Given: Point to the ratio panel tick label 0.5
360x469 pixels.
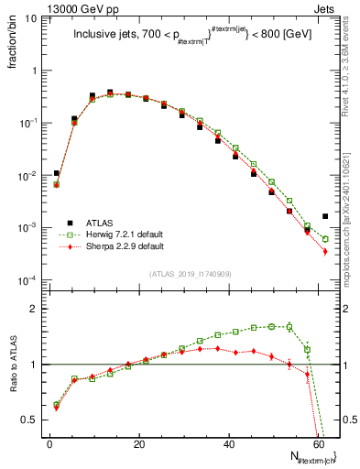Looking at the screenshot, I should point(33,420).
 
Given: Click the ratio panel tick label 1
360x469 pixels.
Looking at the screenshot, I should point(37,365).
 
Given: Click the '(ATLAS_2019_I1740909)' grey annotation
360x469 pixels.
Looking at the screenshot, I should point(190,273).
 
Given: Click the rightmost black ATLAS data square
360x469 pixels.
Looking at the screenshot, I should point(325,216).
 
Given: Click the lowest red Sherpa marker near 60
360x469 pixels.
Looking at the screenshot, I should point(325,251).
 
